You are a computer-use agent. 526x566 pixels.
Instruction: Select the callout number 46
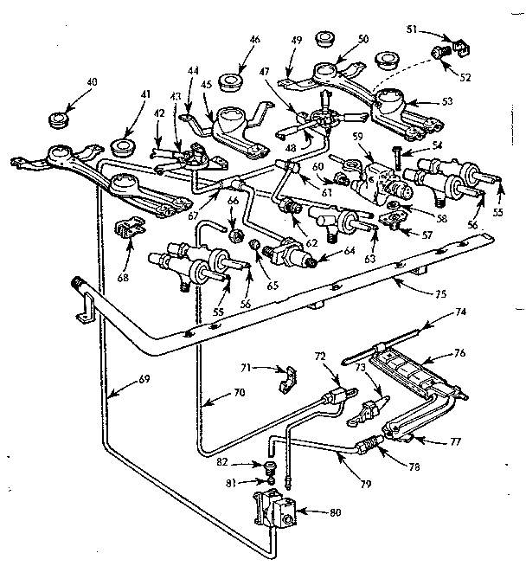click(255, 40)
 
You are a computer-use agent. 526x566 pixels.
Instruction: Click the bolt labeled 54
click(394, 157)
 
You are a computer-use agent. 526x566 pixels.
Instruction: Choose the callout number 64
click(324, 252)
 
